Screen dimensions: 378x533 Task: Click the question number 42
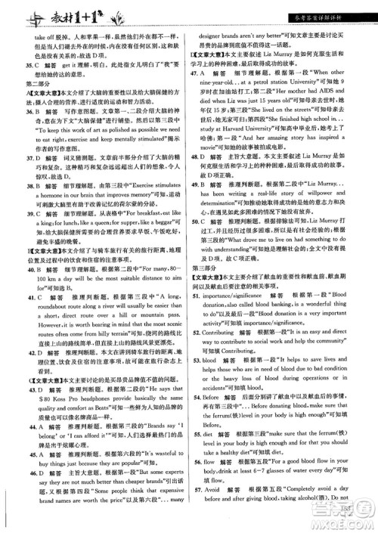[x=20, y=393]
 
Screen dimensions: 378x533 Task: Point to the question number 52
[x=197, y=363]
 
